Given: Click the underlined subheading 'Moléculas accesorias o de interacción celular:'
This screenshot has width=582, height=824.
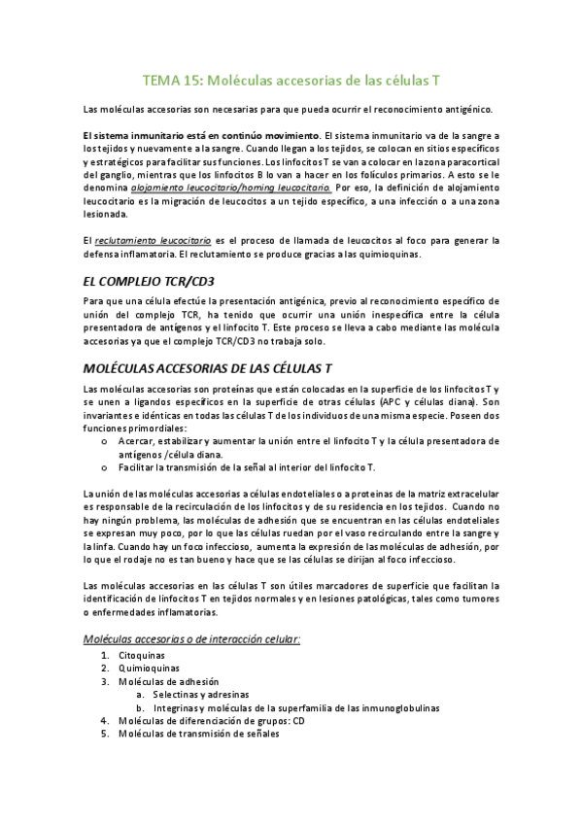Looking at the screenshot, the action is [191, 638].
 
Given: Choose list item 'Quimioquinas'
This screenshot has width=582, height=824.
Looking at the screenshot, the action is [148, 669].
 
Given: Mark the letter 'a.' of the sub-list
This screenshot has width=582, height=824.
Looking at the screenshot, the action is [141, 695].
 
